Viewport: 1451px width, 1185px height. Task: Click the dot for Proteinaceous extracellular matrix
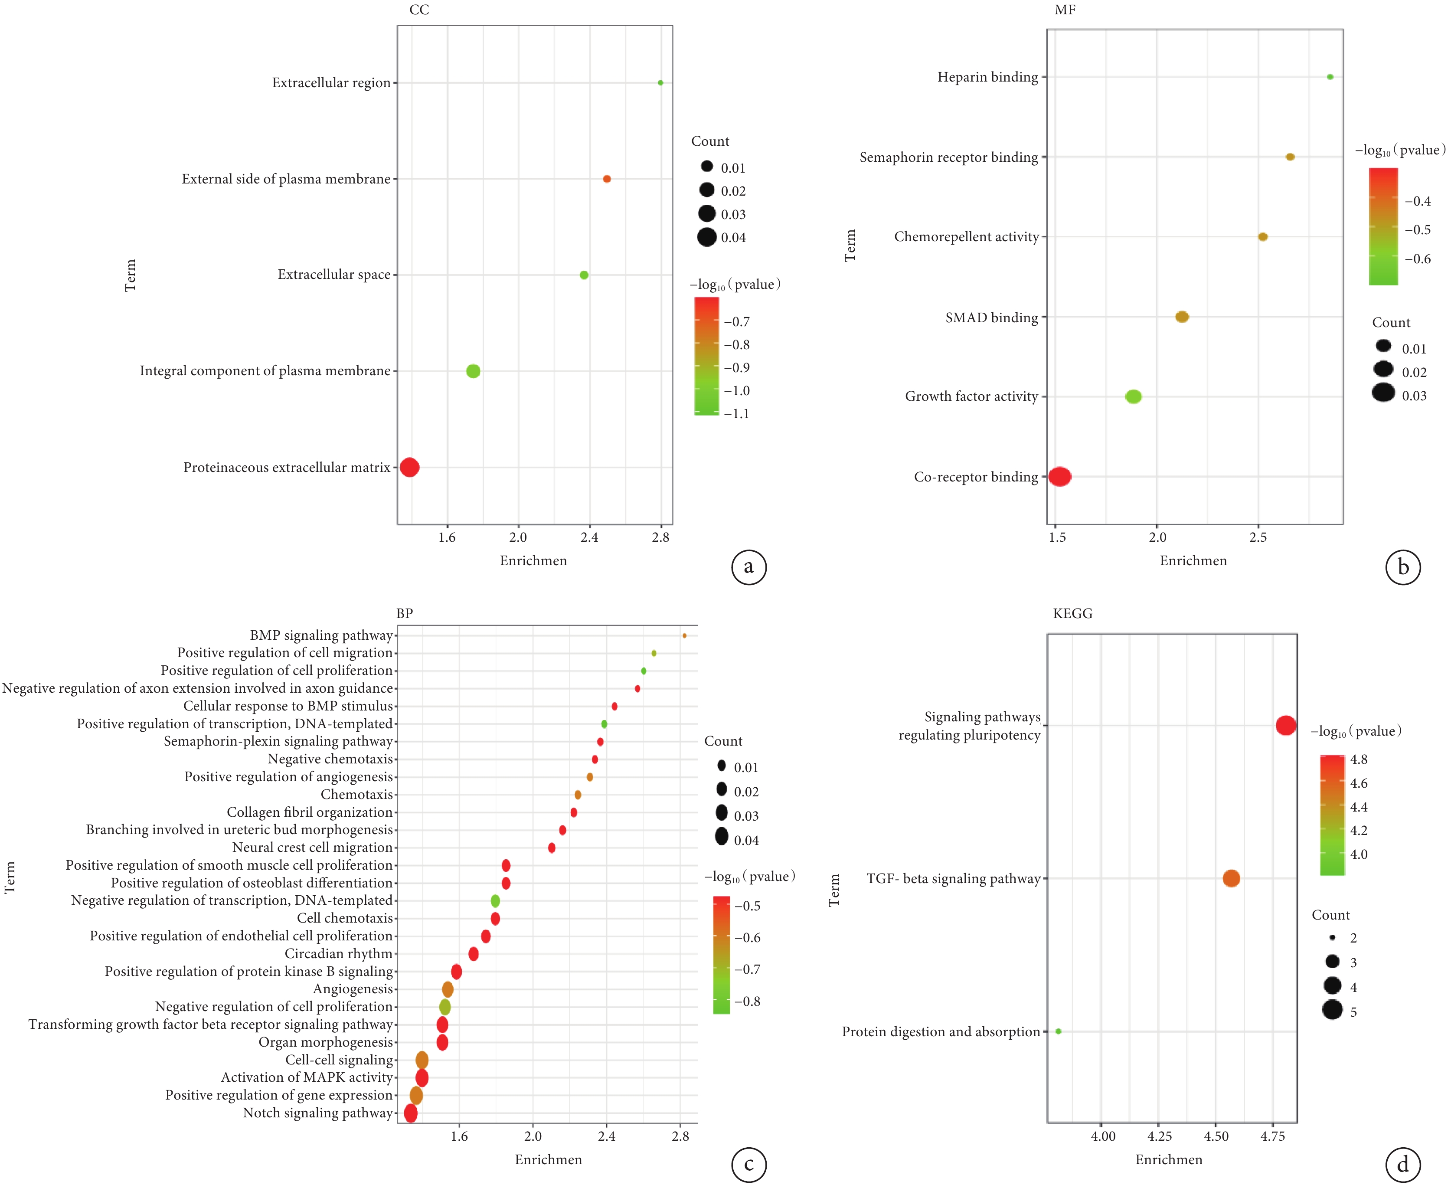(x=409, y=468)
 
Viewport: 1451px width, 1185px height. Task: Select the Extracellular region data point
(x=660, y=82)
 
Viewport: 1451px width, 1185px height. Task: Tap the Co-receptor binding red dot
(x=1060, y=476)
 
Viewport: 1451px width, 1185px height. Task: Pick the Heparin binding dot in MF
(x=1330, y=77)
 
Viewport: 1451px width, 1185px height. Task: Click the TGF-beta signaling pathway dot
(x=1231, y=878)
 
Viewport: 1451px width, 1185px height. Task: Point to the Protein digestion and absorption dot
(x=1058, y=1031)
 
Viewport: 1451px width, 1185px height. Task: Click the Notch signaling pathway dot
(x=411, y=1113)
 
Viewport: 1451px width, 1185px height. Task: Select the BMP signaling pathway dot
(x=684, y=635)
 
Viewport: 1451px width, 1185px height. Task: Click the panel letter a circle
(x=749, y=567)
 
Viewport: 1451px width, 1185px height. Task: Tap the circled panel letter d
(x=1402, y=1165)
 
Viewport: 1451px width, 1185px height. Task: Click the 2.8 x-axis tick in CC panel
(x=660, y=538)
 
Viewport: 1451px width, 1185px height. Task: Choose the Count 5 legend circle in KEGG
(x=1332, y=1010)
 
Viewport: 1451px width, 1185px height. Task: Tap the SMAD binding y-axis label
(x=991, y=318)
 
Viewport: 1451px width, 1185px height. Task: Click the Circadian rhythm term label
(x=339, y=954)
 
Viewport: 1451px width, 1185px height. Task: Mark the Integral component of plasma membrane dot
(x=473, y=371)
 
